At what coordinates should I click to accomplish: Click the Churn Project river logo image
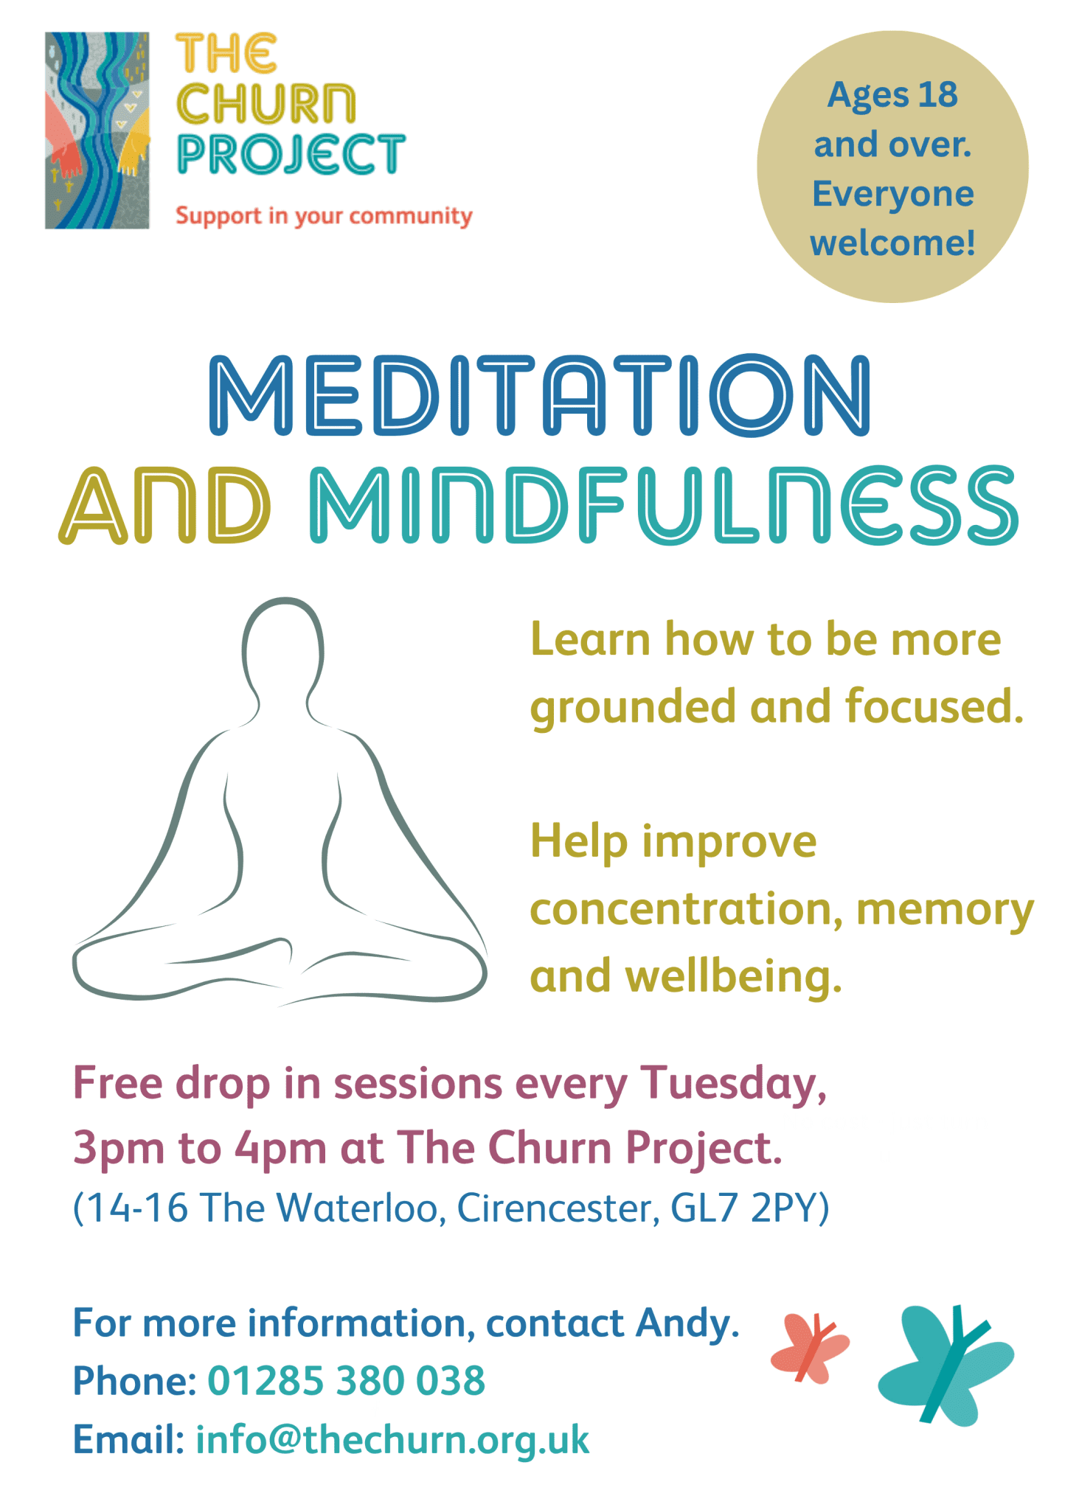pos(97,131)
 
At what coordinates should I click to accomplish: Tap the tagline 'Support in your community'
pos(324,217)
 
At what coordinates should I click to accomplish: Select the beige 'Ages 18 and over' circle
pos(892,167)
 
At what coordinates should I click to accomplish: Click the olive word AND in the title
pos(165,506)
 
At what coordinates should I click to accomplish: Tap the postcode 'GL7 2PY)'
pos(749,1208)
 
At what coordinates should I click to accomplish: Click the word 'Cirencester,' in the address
pos(558,1208)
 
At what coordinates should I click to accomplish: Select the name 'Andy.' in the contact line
pos(687,1323)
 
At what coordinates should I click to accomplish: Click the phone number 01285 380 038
pos(347,1381)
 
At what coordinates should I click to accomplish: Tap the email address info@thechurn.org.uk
pos(392,1440)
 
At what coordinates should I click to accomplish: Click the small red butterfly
pos(810,1347)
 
